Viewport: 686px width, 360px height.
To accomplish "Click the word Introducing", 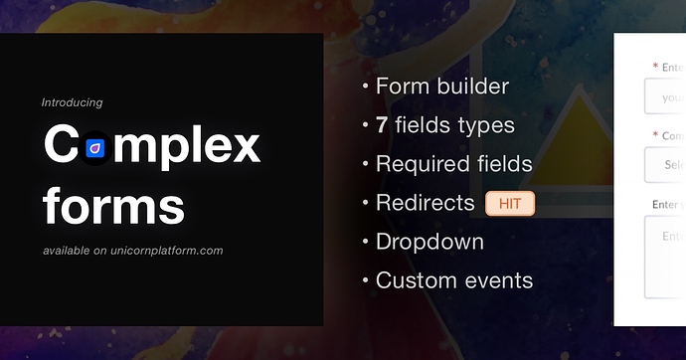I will pos(72,102).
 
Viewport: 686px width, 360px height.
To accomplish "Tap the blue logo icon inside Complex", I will pos(96,148).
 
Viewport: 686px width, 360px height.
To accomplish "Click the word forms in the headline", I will pos(113,206).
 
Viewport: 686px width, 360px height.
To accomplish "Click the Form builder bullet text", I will pos(441,87).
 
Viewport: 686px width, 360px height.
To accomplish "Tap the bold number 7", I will pos(382,125).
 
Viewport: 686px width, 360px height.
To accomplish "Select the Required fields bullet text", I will pos(453,164).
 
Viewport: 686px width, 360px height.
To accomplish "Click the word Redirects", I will pos(425,203).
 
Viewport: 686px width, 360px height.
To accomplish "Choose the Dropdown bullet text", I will pos(429,242).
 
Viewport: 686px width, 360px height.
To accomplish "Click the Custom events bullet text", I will pos(453,280).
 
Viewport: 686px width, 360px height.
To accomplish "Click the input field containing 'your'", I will pos(664,97).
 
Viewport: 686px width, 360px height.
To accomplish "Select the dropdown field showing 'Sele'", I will pos(664,165).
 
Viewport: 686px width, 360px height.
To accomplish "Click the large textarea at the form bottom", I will pos(664,257).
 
